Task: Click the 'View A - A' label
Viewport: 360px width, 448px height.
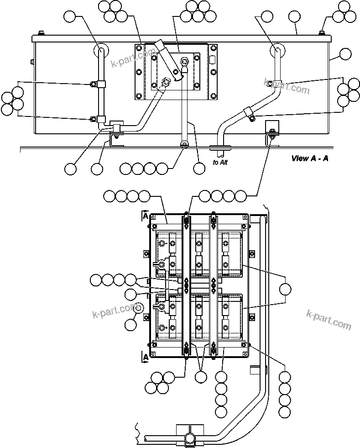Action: (310, 158)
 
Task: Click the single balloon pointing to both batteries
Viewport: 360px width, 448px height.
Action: (285, 289)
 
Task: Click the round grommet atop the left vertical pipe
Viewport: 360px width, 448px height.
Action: (100, 49)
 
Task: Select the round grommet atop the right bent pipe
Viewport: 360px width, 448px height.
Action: (277, 49)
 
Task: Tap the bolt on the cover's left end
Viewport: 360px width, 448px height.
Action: (42, 33)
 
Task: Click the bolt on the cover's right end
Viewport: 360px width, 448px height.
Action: (322, 33)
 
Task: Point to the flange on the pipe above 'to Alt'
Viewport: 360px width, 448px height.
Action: (221, 147)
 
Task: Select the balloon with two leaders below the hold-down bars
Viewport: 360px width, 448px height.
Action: (201, 377)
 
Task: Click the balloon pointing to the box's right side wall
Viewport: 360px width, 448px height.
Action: (346, 55)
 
